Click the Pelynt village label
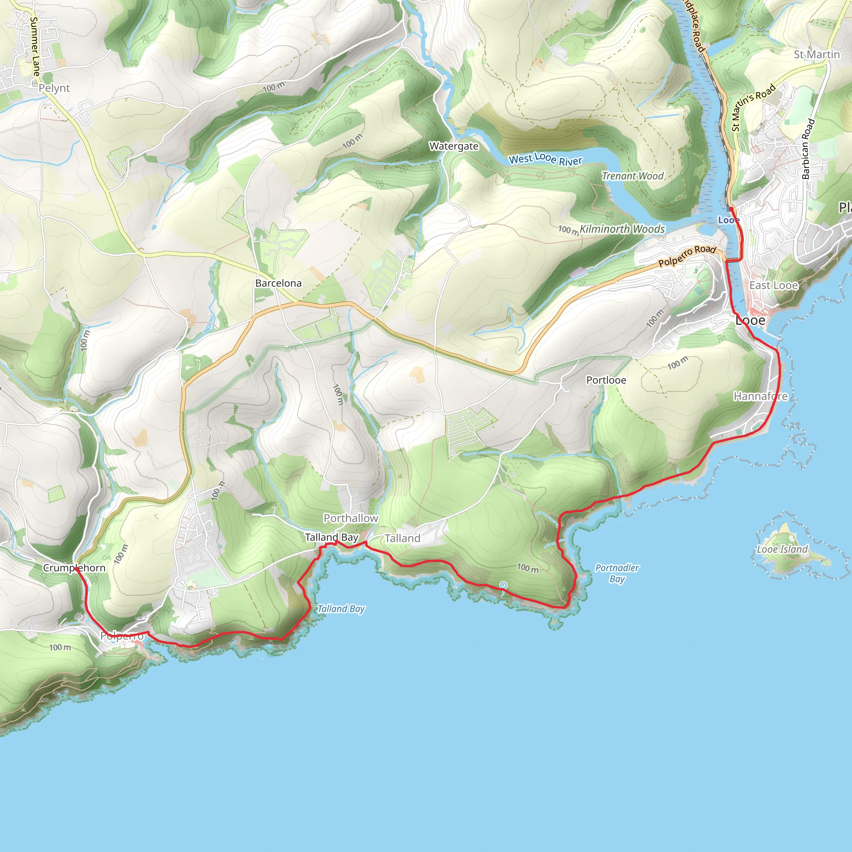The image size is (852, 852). pos(54,88)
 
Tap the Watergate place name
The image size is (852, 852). pos(454,146)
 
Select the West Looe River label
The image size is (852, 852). pos(545,159)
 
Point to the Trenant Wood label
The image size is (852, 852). pos(632,176)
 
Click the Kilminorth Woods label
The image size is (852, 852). pos(622,229)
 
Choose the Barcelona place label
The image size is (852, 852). pos(278,283)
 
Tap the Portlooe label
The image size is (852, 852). pos(606,380)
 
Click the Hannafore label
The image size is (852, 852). pos(760,396)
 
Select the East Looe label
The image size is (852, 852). pos(773,285)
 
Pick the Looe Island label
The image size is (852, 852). pos(782,550)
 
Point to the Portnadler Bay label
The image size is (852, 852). pos(617,573)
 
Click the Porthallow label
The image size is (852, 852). pos(351,519)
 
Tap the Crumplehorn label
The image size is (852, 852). pos(74,568)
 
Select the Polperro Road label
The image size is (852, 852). pos(686,256)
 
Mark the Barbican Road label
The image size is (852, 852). pos(808,149)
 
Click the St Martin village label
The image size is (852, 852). pos(817,54)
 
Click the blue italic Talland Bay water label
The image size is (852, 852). pos(341,609)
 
